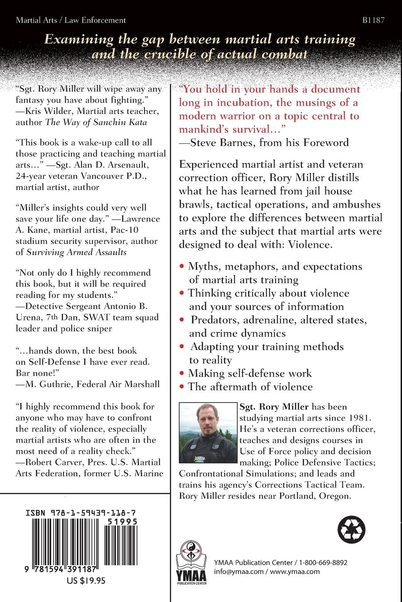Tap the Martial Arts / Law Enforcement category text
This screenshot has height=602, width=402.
[71, 20]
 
